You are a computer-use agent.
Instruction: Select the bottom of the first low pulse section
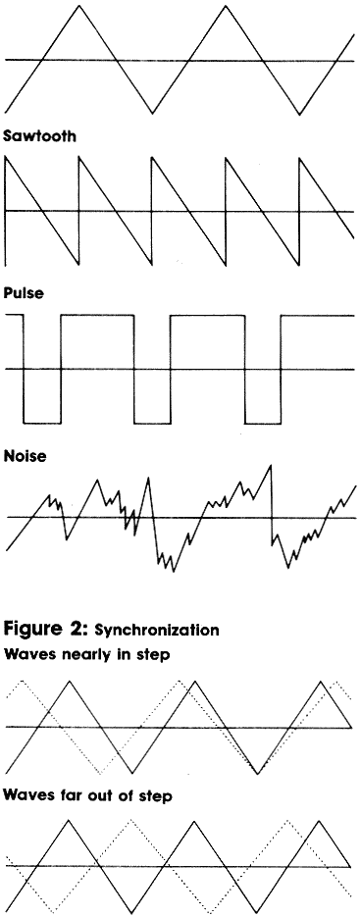(41, 423)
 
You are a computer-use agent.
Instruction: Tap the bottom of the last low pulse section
(262, 423)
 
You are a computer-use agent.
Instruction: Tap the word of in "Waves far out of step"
(128, 796)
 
